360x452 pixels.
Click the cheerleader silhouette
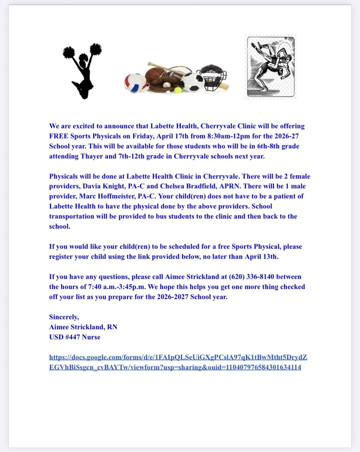coord(83,71)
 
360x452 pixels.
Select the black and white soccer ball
coord(193,82)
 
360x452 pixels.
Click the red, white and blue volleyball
coord(135,83)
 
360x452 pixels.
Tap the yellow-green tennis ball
coord(178,90)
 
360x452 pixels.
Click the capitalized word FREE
coord(59,136)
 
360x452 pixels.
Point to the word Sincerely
coord(64,317)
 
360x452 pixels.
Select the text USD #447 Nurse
coord(75,337)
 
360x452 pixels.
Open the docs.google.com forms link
coord(181,362)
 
